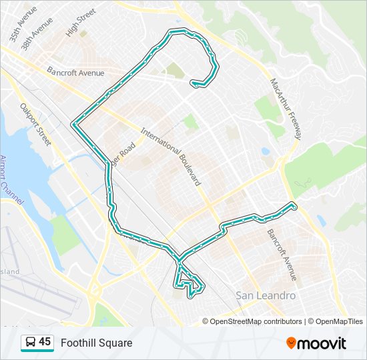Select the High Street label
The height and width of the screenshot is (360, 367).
click(x=81, y=22)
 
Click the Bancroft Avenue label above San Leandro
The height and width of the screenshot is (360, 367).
click(x=282, y=255)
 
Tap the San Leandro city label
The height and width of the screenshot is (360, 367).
click(x=265, y=295)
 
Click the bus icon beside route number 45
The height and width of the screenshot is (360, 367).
click(x=30, y=343)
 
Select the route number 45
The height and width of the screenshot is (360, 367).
click(x=45, y=342)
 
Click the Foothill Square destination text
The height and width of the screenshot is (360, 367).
click(x=97, y=343)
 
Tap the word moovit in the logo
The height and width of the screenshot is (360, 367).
click(x=322, y=343)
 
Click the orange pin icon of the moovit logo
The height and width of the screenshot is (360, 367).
click(x=292, y=343)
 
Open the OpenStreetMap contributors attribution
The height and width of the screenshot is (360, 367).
click(x=256, y=321)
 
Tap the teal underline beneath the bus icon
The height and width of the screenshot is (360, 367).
click(x=37, y=351)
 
